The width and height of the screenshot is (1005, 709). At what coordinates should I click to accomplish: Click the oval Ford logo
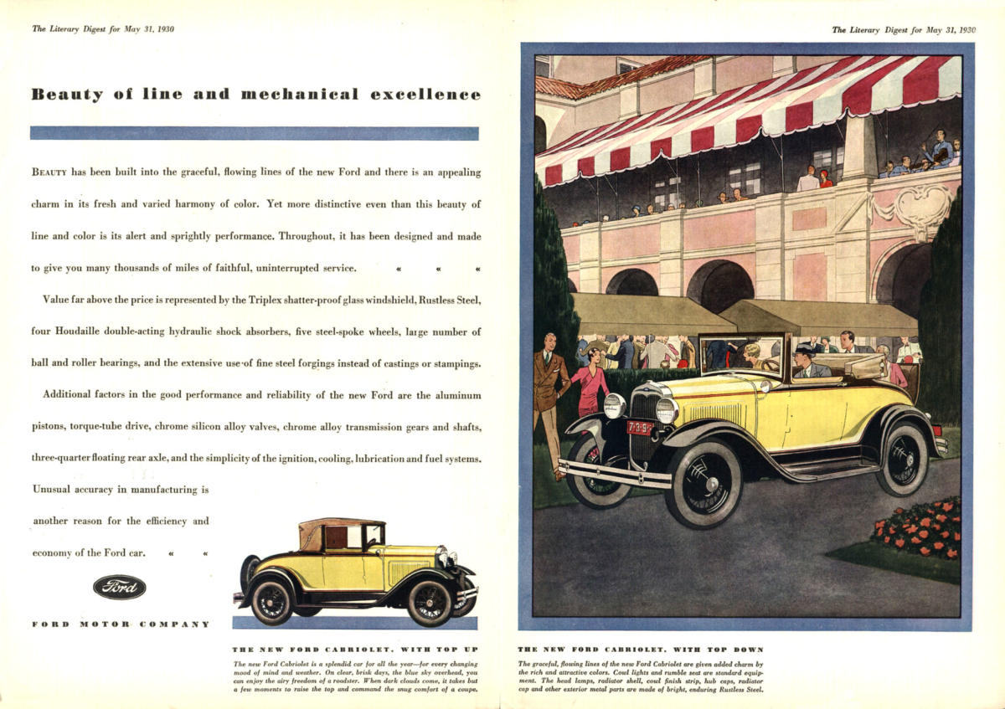tap(119, 587)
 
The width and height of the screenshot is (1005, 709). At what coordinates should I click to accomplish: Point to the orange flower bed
tap(918, 529)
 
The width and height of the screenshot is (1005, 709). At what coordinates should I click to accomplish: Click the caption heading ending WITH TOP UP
tap(354, 650)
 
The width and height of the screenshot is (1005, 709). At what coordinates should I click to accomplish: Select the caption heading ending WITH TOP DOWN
tap(641, 650)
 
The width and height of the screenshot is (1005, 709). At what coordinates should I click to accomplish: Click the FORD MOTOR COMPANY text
tap(120, 624)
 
